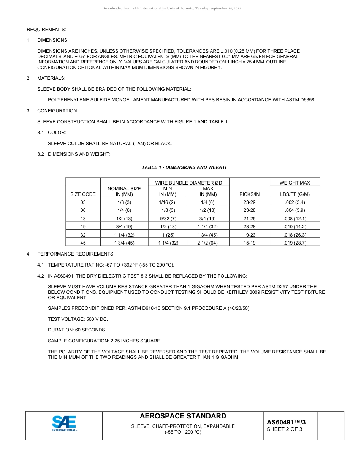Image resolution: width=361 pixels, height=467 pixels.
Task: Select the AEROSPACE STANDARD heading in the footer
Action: pos(183,416)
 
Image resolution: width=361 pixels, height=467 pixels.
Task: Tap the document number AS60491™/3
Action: pos(286,422)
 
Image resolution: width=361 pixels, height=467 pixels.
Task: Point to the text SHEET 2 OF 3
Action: pos(285,429)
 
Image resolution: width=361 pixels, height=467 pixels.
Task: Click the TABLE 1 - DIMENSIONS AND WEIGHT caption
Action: pos(184,167)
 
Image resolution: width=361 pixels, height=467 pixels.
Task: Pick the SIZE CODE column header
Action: pos(83,194)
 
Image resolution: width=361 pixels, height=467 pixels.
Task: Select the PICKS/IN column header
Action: pos(249,194)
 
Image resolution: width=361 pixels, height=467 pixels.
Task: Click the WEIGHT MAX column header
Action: pos(294,183)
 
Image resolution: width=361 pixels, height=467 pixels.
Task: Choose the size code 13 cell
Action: pos(83,219)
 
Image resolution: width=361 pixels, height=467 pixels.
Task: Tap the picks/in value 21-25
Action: pos(249,219)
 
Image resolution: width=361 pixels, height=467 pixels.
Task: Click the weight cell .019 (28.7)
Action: pos(294,243)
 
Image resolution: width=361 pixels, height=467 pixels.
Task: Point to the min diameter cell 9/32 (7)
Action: pos(167,219)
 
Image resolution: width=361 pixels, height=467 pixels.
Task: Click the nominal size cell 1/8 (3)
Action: pos(124,202)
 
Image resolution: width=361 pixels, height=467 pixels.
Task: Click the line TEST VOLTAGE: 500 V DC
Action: pos(78,319)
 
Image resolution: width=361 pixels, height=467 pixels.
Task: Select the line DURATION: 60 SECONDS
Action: pos(77,330)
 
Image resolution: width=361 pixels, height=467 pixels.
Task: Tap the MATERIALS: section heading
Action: pos(51,78)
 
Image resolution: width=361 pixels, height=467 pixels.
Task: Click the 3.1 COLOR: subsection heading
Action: pos(57,133)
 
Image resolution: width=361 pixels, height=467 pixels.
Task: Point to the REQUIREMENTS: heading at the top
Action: pos(46,30)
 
